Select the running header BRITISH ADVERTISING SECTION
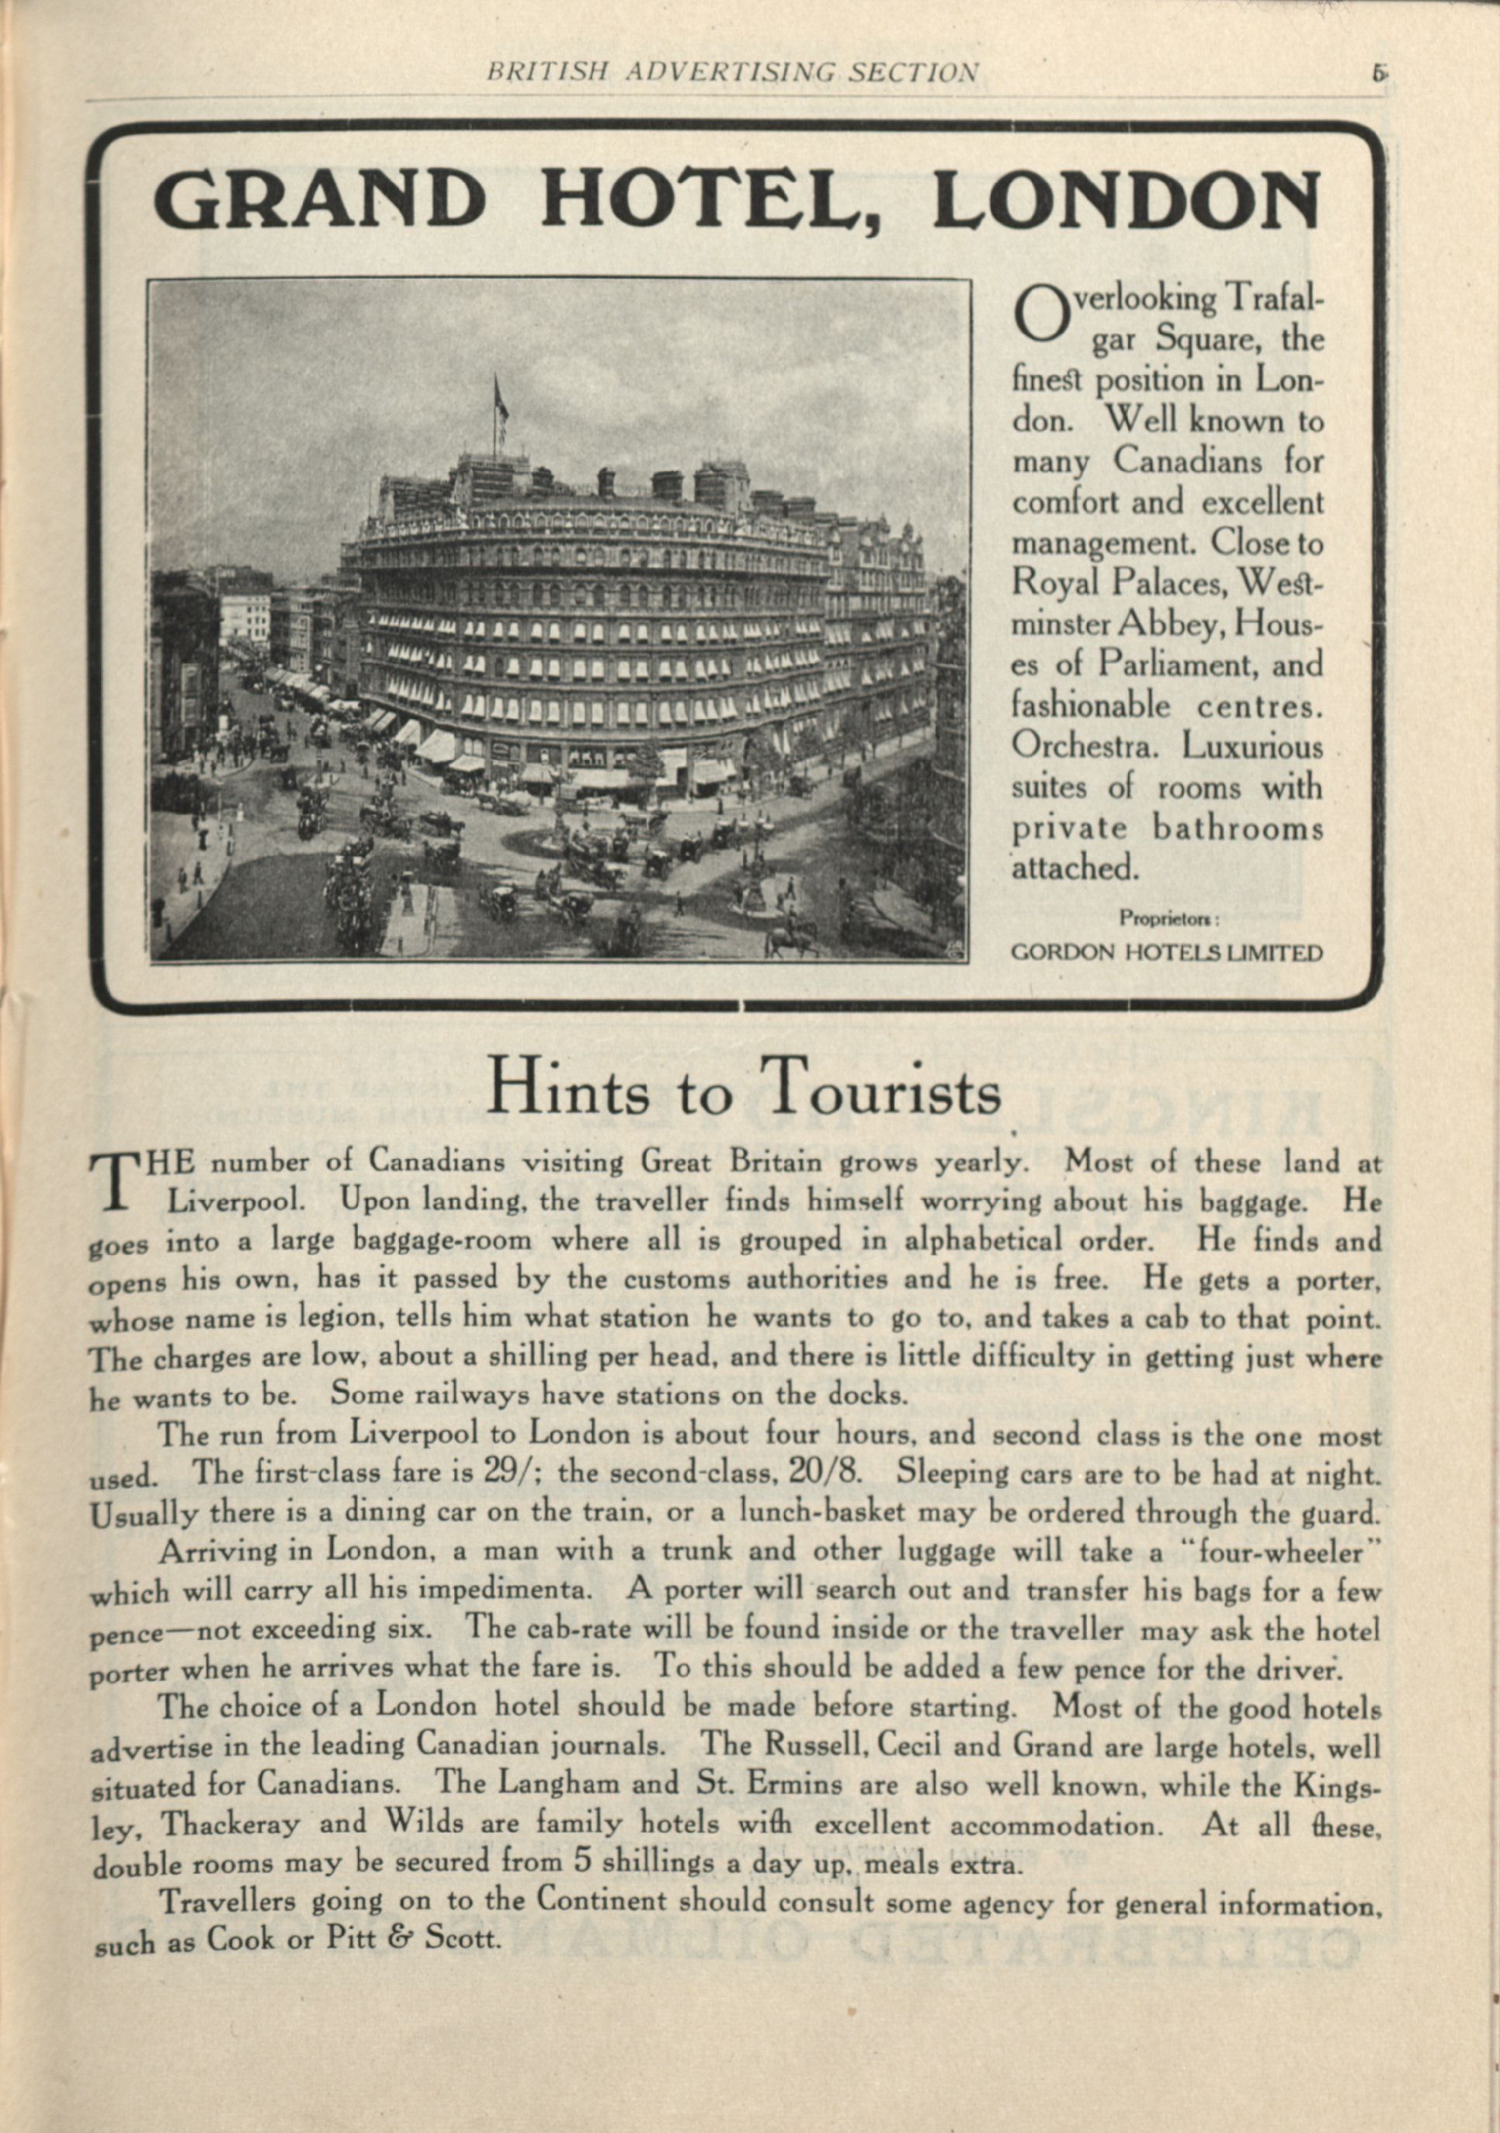(x=732, y=72)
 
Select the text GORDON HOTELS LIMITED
(x=1166, y=952)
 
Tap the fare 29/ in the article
(x=505, y=1472)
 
